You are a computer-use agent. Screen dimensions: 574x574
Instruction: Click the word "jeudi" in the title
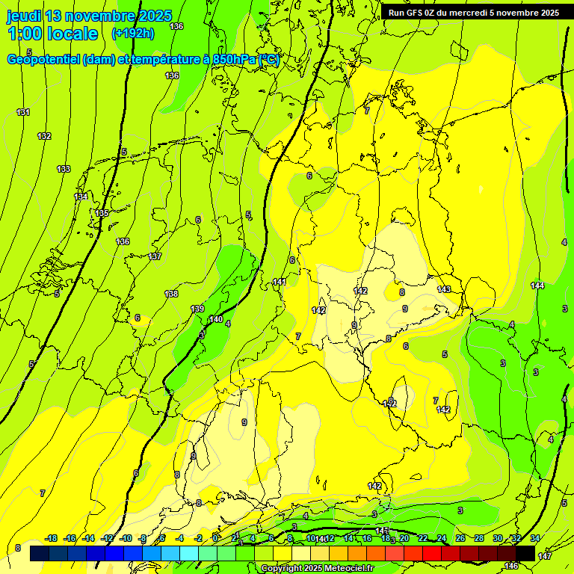tap(25, 16)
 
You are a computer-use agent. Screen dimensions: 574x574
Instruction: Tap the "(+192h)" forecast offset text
tap(132, 34)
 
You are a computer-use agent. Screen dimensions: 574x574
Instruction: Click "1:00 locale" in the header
tap(52, 34)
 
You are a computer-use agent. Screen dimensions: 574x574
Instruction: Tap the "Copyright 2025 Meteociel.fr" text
tap(317, 569)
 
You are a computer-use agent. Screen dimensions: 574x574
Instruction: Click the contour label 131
tap(23, 112)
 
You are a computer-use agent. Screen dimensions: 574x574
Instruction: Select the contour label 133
tap(64, 170)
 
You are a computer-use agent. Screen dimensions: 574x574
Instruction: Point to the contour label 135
tap(102, 214)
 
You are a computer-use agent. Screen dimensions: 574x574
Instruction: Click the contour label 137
tap(155, 256)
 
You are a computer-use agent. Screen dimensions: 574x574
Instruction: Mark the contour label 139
tap(197, 309)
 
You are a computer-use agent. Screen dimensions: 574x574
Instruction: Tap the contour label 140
tap(215, 319)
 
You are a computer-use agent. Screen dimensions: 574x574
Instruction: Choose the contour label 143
tap(444, 289)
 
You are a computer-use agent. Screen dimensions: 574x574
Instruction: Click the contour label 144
tap(537, 286)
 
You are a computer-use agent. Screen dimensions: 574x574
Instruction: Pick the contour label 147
tap(544, 556)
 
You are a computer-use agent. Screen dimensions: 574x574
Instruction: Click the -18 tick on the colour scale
tap(52, 538)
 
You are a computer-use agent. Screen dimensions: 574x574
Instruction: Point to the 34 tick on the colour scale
tap(534, 538)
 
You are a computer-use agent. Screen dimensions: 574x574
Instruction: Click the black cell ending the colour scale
tap(525, 553)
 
